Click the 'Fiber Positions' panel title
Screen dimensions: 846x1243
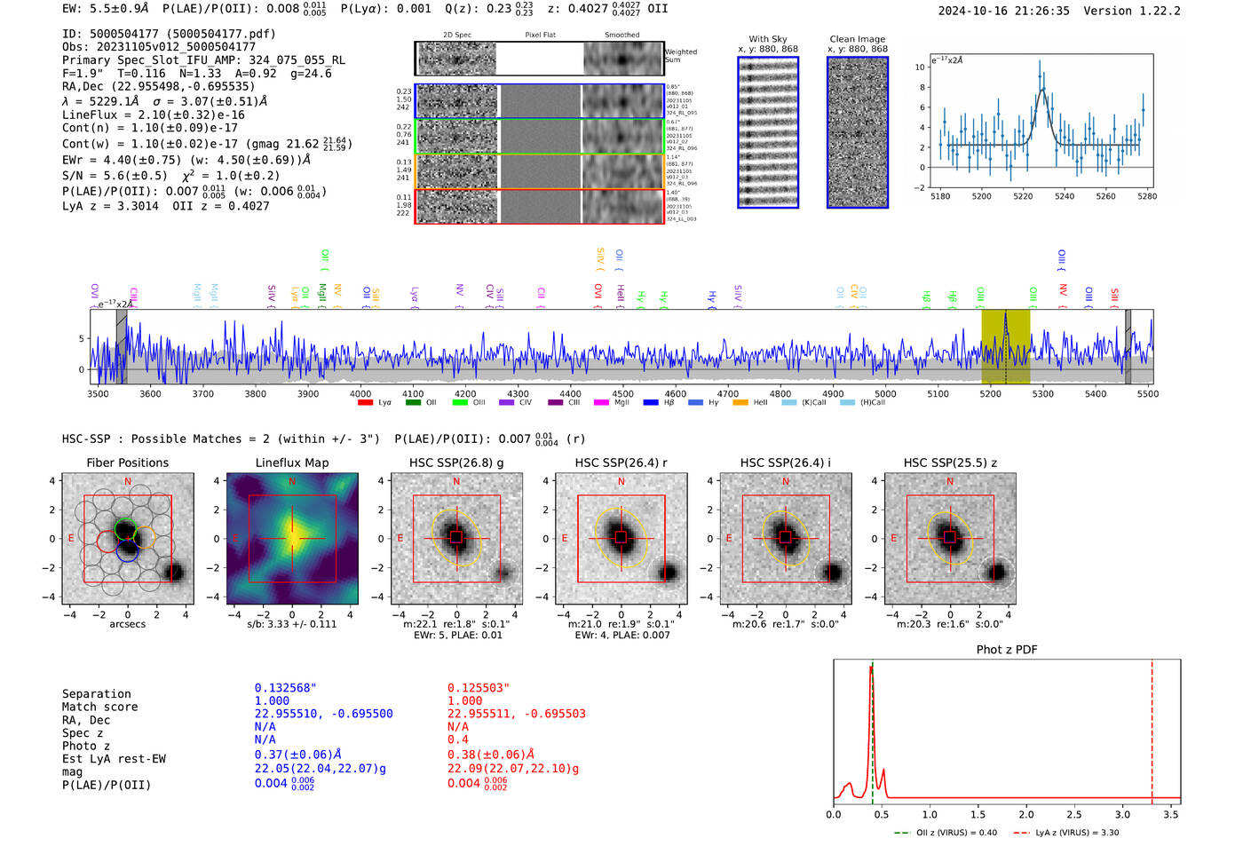click(127, 463)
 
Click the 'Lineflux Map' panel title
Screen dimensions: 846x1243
click(291, 463)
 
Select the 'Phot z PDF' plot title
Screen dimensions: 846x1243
click(1007, 650)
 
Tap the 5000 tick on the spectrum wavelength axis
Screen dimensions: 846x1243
click(885, 394)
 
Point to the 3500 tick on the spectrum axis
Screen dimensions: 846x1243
click(98, 394)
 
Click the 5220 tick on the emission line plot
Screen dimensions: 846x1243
click(1023, 196)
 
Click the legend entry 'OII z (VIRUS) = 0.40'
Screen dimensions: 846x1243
click(947, 833)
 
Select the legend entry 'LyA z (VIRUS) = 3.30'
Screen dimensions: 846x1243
click(1068, 833)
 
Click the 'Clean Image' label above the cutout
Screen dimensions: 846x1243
click(857, 39)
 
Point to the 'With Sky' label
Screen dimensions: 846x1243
click(767, 39)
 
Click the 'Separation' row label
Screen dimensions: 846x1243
click(96, 694)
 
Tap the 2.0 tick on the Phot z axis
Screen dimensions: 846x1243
click(1026, 814)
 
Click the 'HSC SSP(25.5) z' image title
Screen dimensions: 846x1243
click(950, 463)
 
